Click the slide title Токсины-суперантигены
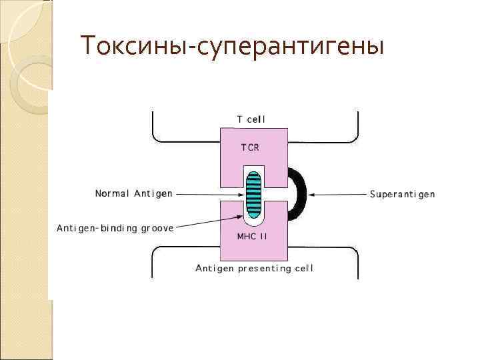tap(231, 47)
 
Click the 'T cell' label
tap(251, 119)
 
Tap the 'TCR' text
tap(251, 147)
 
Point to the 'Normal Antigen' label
tap(134, 194)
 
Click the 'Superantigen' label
tap(402, 195)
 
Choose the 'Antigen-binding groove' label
tap(115, 228)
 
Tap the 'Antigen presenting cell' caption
tap(254, 269)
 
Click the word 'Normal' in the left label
tap(111, 194)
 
